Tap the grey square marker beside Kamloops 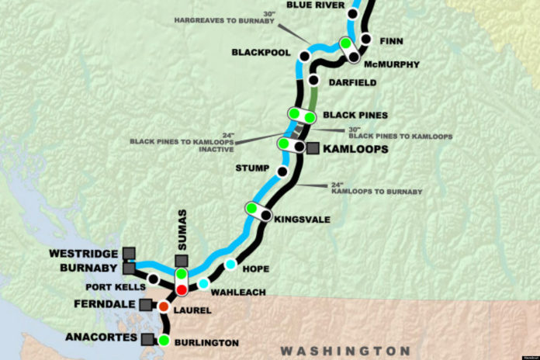pos(313,148)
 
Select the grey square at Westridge pos(129,253)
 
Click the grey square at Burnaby pos(129,268)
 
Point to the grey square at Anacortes pos(147,339)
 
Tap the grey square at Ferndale pos(144,303)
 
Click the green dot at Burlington pos(164,340)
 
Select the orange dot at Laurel pos(164,307)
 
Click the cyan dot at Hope pos(230,265)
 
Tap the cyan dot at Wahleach pos(203,284)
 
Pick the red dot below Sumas pos(182,289)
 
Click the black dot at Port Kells pos(154,279)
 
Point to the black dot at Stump pos(282,171)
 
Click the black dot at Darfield pos(313,80)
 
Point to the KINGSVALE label pos(303,220)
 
